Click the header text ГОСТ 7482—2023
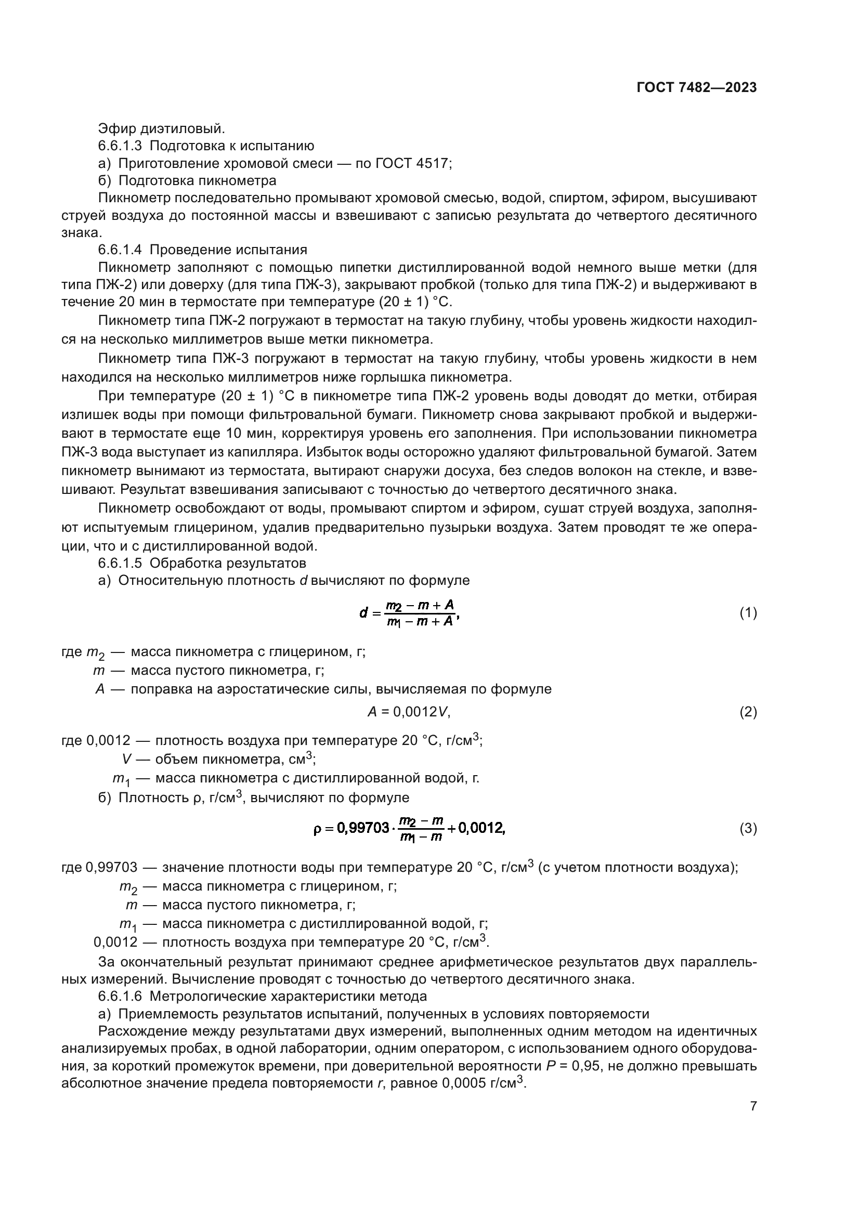point(696,88)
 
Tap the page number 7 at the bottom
point(753,1106)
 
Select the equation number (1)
point(748,613)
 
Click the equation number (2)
point(748,712)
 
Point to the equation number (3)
point(748,828)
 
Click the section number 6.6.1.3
point(120,146)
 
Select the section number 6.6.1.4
point(120,250)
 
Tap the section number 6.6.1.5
point(120,563)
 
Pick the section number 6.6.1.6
point(120,996)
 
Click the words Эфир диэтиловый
point(162,128)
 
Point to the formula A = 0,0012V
point(409,712)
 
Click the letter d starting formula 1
point(363,613)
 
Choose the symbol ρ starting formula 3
point(317,828)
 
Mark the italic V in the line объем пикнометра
point(126,760)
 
